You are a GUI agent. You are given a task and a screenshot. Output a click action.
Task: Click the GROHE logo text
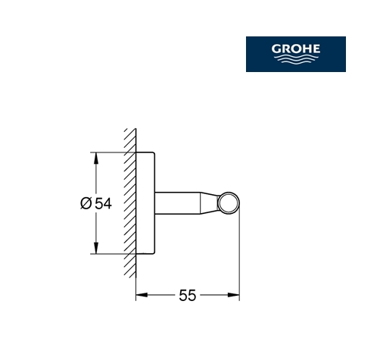pyautogui.click(x=296, y=49)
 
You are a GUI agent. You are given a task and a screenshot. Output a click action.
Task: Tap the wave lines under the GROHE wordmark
pyautogui.click(x=296, y=60)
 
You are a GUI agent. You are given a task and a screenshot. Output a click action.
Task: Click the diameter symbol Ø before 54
pyautogui.click(x=86, y=203)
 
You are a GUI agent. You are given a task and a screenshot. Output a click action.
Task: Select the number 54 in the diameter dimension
pyautogui.click(x=103, y=203)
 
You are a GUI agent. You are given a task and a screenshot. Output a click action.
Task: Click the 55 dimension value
pyautogui.click(x=187, y=295)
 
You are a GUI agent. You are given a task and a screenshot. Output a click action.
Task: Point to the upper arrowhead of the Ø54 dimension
pyautogui.click(x=96, y=158)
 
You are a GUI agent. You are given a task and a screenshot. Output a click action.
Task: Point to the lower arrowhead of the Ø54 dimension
pyautogui.click(x=96, y=248)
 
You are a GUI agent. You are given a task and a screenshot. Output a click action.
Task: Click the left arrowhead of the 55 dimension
pyautogui.click(x=142, y=295)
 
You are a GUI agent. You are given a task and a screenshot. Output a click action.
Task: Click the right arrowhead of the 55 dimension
pyautogui.click(x=233, y=295)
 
